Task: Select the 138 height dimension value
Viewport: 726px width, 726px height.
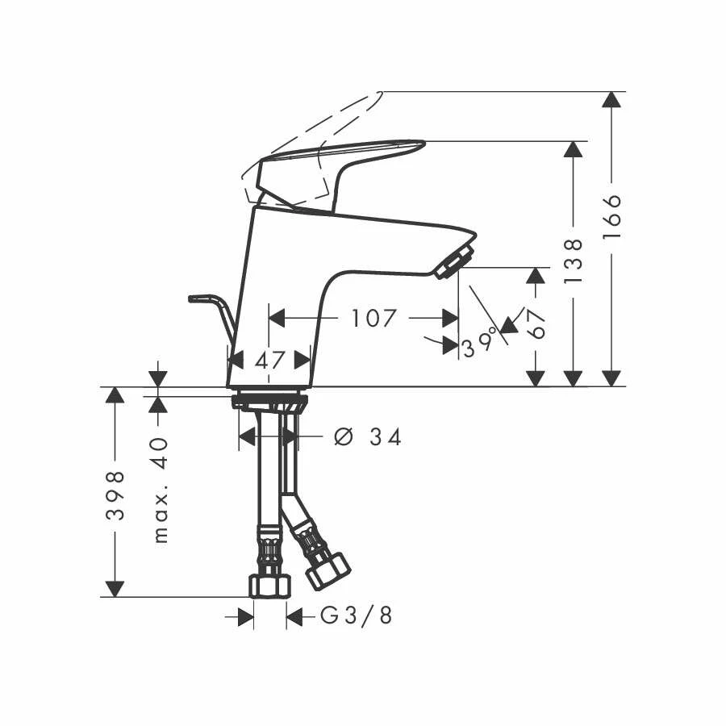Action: click(574, 261)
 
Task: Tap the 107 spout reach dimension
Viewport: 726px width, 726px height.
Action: click(374, 319)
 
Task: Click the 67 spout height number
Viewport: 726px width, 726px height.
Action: click(536, 323)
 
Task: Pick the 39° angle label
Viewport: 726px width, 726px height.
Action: click(480, 346)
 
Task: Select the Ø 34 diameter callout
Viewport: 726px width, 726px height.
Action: click(368, 436)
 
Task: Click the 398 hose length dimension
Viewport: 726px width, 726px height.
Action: click(115, 495)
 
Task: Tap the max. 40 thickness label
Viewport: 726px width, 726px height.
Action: click(160, 490)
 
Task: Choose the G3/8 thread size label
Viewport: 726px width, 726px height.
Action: click(357, 615)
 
